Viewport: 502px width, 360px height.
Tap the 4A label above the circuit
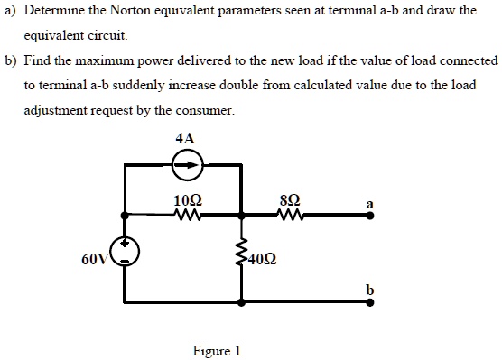point(185,139)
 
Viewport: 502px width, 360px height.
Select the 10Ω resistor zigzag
point(189,215)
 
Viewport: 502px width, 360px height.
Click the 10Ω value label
point(189,199)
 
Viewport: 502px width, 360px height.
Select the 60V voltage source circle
point(125,256)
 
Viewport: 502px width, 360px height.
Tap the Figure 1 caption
point(217,351)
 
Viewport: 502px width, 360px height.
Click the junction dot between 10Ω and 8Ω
point(241,216)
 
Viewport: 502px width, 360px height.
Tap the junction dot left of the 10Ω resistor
point(125,216)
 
